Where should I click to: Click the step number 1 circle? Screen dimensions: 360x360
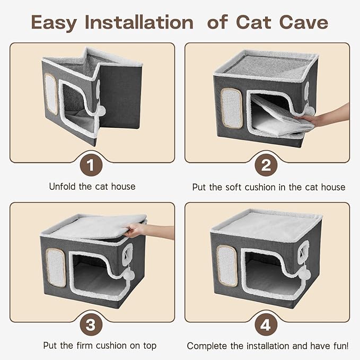[92, 165]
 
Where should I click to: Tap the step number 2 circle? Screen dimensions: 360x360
[266, 165]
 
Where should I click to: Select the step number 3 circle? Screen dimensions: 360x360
[92, 324]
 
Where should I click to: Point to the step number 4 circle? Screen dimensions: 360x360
[266, 324]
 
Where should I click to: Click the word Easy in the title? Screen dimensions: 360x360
[54, 23]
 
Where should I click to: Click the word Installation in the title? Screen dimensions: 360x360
[138, 23]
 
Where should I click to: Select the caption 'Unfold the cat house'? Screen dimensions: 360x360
[92, 187]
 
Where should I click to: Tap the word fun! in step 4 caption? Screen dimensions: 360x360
[337, 346]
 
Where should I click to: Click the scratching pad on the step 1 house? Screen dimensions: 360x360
[51, 93]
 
